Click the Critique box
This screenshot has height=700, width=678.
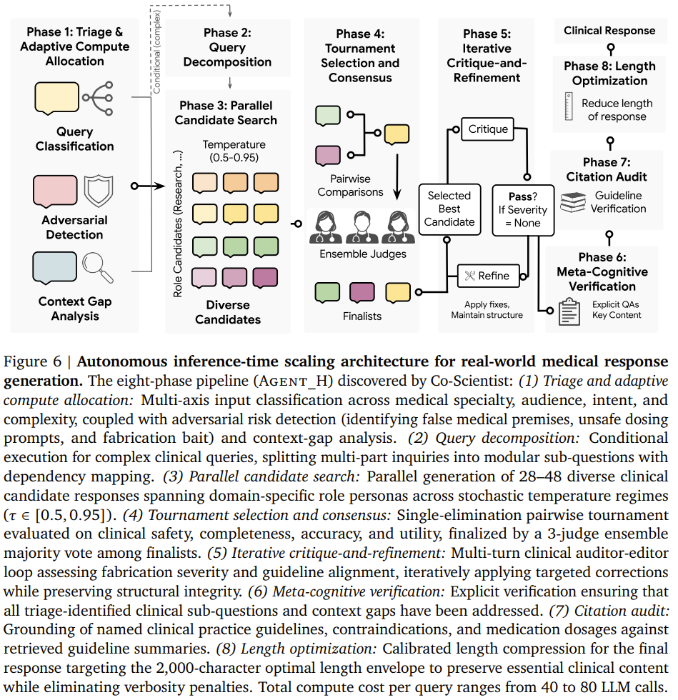pos(487,129)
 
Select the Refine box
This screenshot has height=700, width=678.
pos(488,276)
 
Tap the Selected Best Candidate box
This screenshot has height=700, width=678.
pos(449,209)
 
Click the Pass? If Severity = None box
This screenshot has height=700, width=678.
pos(523,210)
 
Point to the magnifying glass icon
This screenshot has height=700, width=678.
pos(98,267)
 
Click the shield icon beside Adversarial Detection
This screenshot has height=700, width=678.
pos(99,191)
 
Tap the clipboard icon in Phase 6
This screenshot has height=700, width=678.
pos(569,311)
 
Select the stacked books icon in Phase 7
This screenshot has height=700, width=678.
pos(572,202)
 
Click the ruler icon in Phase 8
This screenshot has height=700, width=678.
pos(569,106)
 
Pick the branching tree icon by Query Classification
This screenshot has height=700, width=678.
pos(98,99)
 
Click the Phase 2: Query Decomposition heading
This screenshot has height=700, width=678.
pos(227,47)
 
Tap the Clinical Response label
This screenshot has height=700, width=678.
pos(609,30)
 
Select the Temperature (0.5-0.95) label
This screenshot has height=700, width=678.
pos(234,151)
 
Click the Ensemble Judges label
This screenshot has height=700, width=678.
pos(363,254)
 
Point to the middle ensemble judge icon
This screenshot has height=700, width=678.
pos(362,227)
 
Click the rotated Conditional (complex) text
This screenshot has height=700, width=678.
pos(156,51)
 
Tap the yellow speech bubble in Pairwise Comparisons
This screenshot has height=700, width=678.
pos(397,134)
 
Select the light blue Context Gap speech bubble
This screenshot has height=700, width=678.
pos(54,268)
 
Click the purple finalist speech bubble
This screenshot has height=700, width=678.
pos(362,292)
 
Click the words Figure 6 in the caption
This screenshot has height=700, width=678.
pos(32,361)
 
